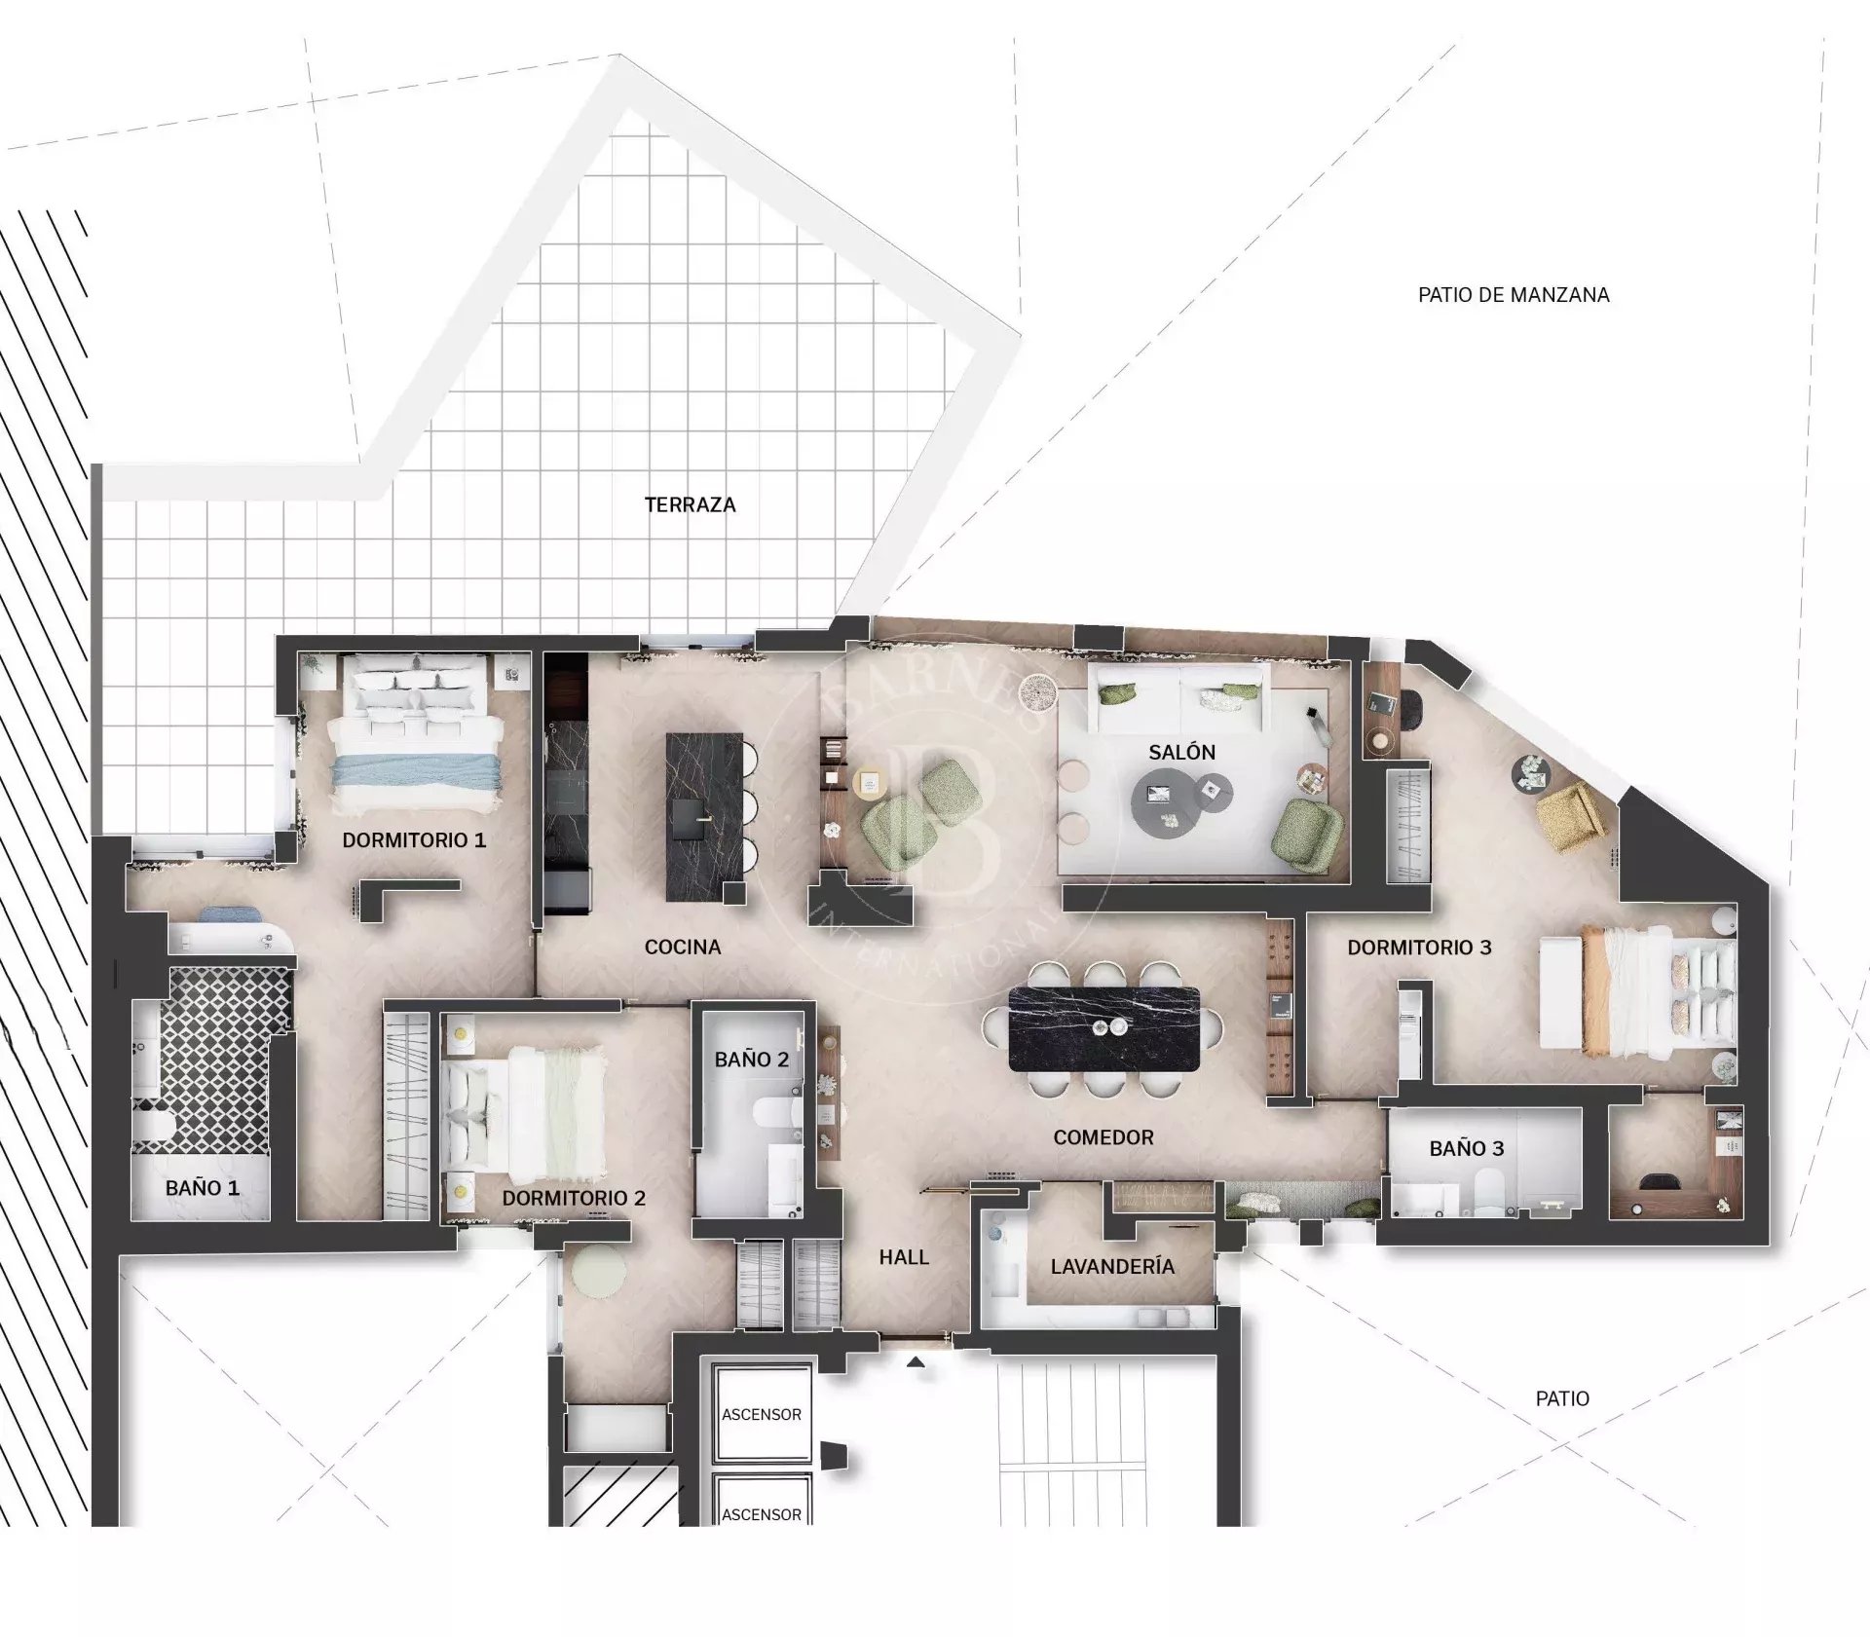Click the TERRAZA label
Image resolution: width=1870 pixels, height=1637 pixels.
(690, 504)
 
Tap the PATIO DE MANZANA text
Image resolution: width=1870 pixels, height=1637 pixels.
(1514, 294)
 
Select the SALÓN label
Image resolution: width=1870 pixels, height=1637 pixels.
(1182, 752)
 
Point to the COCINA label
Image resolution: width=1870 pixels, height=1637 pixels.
(683, 947)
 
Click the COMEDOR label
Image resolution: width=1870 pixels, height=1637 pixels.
(1103, 1137)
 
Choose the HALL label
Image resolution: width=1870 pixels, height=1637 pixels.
(904, 1257)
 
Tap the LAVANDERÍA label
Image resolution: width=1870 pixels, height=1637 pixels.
(1112, 1266)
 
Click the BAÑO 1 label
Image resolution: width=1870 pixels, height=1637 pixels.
(203, 1188)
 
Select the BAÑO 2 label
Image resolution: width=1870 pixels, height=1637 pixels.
(752, 1060)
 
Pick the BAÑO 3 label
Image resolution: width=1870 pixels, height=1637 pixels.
(1467, 1149)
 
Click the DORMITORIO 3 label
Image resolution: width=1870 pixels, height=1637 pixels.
(1419, 948)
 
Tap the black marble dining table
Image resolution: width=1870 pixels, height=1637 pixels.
(1104, 1029)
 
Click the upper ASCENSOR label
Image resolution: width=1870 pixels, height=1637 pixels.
(762, 1414)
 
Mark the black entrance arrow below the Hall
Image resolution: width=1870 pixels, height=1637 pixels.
(916, 1363)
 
